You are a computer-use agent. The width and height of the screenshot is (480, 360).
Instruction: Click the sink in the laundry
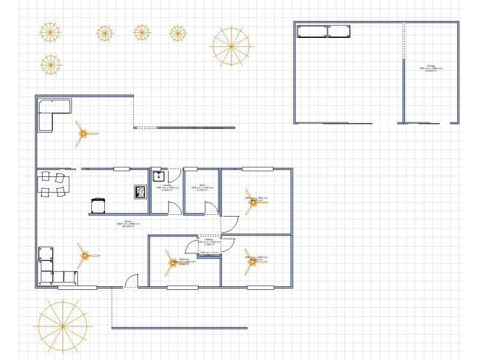tap(158, 176)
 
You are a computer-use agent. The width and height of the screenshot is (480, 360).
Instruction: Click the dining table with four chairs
tap(52, 184)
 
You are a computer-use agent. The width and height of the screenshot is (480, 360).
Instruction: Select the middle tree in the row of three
tap(142, 32)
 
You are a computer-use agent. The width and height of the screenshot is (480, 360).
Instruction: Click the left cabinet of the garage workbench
tap(312, 31)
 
